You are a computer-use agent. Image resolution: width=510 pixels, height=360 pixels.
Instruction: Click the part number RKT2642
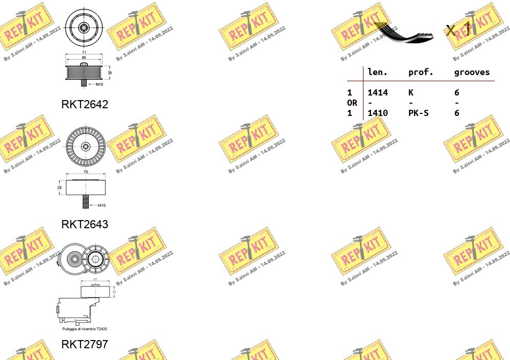click(85, 105)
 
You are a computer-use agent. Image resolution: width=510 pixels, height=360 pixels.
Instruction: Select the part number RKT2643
click(85, 224)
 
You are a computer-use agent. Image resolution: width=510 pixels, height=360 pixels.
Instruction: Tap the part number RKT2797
click(85, 344)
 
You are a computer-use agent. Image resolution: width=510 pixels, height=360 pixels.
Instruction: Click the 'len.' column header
click(378, 73)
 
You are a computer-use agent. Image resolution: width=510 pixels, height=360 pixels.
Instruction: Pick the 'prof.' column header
click(421, 73)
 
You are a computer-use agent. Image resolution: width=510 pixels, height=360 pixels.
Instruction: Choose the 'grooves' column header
click(472, 73)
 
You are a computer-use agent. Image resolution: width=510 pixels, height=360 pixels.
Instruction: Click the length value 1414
click(378, 92)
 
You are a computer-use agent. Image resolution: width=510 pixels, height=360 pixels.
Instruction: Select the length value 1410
click(378, 113)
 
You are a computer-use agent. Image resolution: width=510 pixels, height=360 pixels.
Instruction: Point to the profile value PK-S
click(418, 113)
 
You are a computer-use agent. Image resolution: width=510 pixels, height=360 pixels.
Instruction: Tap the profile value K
click(411, 92)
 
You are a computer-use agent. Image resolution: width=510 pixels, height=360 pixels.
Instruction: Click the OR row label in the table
click(352, 103)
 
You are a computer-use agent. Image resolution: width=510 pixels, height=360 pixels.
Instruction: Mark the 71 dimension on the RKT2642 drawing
click(85, 53)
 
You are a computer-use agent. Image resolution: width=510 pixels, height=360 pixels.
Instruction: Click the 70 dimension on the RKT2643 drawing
click(85, 172)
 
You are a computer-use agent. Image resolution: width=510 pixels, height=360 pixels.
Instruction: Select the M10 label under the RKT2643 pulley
click(101, 205)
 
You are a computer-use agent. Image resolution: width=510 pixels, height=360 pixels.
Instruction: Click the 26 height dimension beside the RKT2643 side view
click(59, 188)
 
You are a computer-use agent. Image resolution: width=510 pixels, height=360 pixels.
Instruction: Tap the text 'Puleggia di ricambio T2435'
click(85, 329)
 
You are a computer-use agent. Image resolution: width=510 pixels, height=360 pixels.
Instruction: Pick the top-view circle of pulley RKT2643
click(85, 146)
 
